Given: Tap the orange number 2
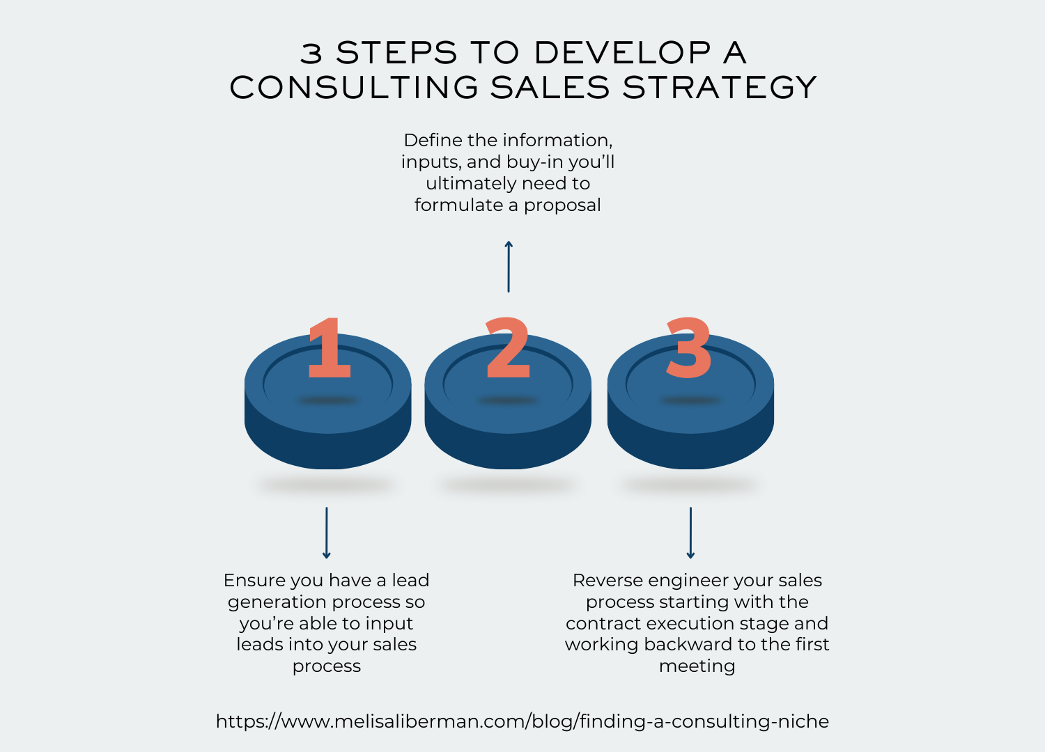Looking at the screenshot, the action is pos(508,347).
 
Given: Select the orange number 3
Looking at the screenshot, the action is pos(688,347).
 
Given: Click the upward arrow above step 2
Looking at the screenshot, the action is pos(509,267).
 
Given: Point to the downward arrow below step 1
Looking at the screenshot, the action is pos(327,533).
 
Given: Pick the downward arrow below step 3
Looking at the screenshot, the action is pos(690,533).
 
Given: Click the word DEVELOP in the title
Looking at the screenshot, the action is pos(623,52).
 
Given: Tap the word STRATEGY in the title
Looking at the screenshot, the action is pos(720,87).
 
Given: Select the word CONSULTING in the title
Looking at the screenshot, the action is pos(354,87).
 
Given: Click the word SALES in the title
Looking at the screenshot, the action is pos(550,87).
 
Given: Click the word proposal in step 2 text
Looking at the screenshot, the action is pos(562,206).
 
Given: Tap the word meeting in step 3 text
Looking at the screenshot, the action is pos(697,667).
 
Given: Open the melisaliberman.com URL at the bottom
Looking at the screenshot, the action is pos(522,721).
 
